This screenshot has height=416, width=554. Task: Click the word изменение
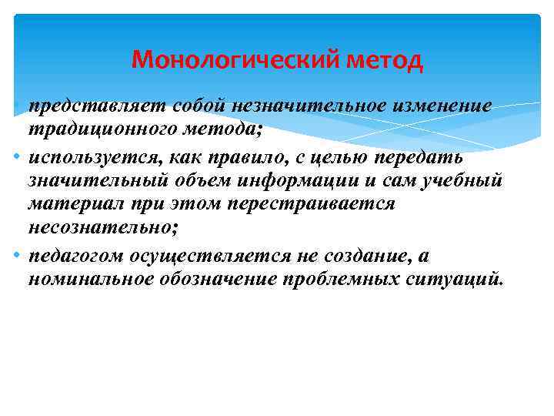(441, 106)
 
